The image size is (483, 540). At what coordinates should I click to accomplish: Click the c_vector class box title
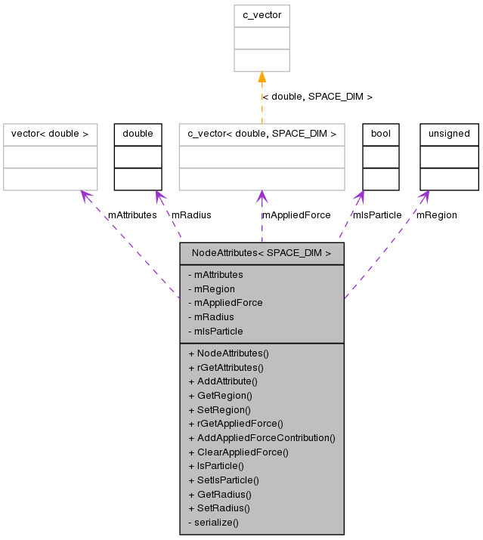coord(262,16)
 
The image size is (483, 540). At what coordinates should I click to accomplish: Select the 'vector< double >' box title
coord(50,134)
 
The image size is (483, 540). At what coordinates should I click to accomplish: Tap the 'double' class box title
coord(138,134)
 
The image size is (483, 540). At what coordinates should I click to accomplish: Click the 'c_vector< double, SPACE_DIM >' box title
coord(262,134)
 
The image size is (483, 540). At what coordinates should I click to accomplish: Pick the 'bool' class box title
coord(380,134)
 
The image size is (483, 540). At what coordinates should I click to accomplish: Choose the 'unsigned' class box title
coord(449,134)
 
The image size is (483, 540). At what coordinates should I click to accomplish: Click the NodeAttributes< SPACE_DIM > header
coord(262,253)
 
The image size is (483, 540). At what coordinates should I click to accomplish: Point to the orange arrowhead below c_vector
coord(262,78)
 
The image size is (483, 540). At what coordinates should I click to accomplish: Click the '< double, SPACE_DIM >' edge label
coord(317,97)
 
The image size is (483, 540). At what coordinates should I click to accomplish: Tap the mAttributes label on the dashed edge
coord(132,214)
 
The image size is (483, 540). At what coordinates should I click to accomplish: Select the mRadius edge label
coord(191,214)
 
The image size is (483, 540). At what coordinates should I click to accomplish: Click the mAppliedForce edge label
coord(296,214)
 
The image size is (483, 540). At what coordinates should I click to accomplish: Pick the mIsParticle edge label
coord(377,214)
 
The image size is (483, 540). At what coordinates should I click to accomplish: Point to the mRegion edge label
coord(437,214)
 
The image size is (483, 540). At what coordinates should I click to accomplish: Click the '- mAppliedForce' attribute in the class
coord(225,302)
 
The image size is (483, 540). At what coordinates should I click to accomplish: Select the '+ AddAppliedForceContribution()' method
coord(262,437)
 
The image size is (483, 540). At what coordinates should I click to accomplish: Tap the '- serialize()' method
coord(213,522)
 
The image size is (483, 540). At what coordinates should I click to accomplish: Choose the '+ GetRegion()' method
coord(220,395)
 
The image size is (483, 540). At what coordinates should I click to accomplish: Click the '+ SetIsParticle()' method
coord(224,480)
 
